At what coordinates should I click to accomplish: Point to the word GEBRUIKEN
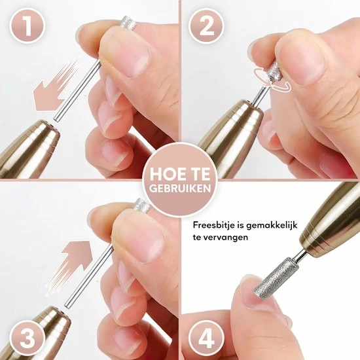[x=179, y=187]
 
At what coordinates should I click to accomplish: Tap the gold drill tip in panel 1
[x=29, y=144]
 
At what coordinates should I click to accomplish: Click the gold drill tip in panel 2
[x=226, y=137]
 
